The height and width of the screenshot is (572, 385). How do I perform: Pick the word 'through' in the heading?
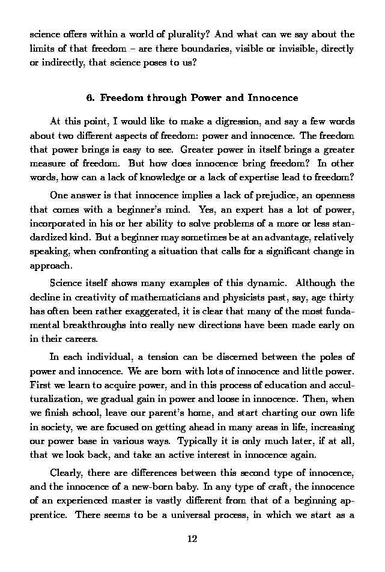click(163, 97)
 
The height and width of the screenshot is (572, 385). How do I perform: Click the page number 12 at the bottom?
click(192, 538)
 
